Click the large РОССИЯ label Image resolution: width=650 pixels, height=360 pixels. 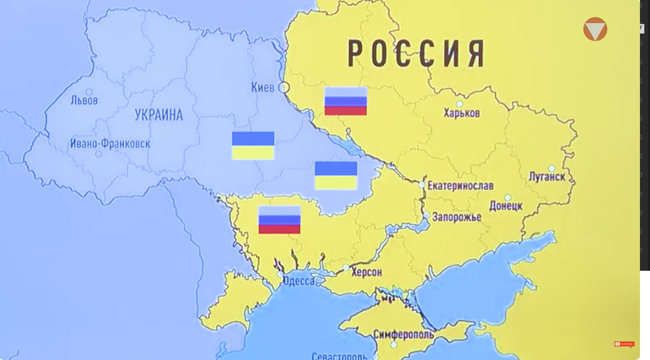point(416,53)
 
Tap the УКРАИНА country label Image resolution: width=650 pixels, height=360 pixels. point(158,114)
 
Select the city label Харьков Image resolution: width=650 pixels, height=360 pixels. point(462,113)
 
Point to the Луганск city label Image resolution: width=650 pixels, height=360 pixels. point(546,177)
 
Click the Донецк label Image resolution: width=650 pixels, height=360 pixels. point(506,206)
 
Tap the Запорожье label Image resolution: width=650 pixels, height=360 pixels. point(458,217)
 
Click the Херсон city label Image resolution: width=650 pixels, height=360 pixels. point(366,272)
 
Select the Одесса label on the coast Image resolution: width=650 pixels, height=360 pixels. point(299,281)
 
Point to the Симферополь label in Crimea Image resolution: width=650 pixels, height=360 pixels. point(403,334)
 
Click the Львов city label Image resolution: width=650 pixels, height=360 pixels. point(84,100)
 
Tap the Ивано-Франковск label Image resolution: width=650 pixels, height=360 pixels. point(110,143)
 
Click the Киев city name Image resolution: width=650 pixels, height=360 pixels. point(263,87)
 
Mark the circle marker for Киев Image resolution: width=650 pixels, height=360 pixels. point(284,87)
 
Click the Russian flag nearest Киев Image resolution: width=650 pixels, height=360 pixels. point(345,101)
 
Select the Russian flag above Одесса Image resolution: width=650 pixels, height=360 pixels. point(279,220)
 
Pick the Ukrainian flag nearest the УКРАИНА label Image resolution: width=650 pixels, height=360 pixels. point(253,145)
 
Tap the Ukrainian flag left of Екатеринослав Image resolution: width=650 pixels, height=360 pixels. point(336,175)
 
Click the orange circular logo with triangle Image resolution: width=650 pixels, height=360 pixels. point(595,29)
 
